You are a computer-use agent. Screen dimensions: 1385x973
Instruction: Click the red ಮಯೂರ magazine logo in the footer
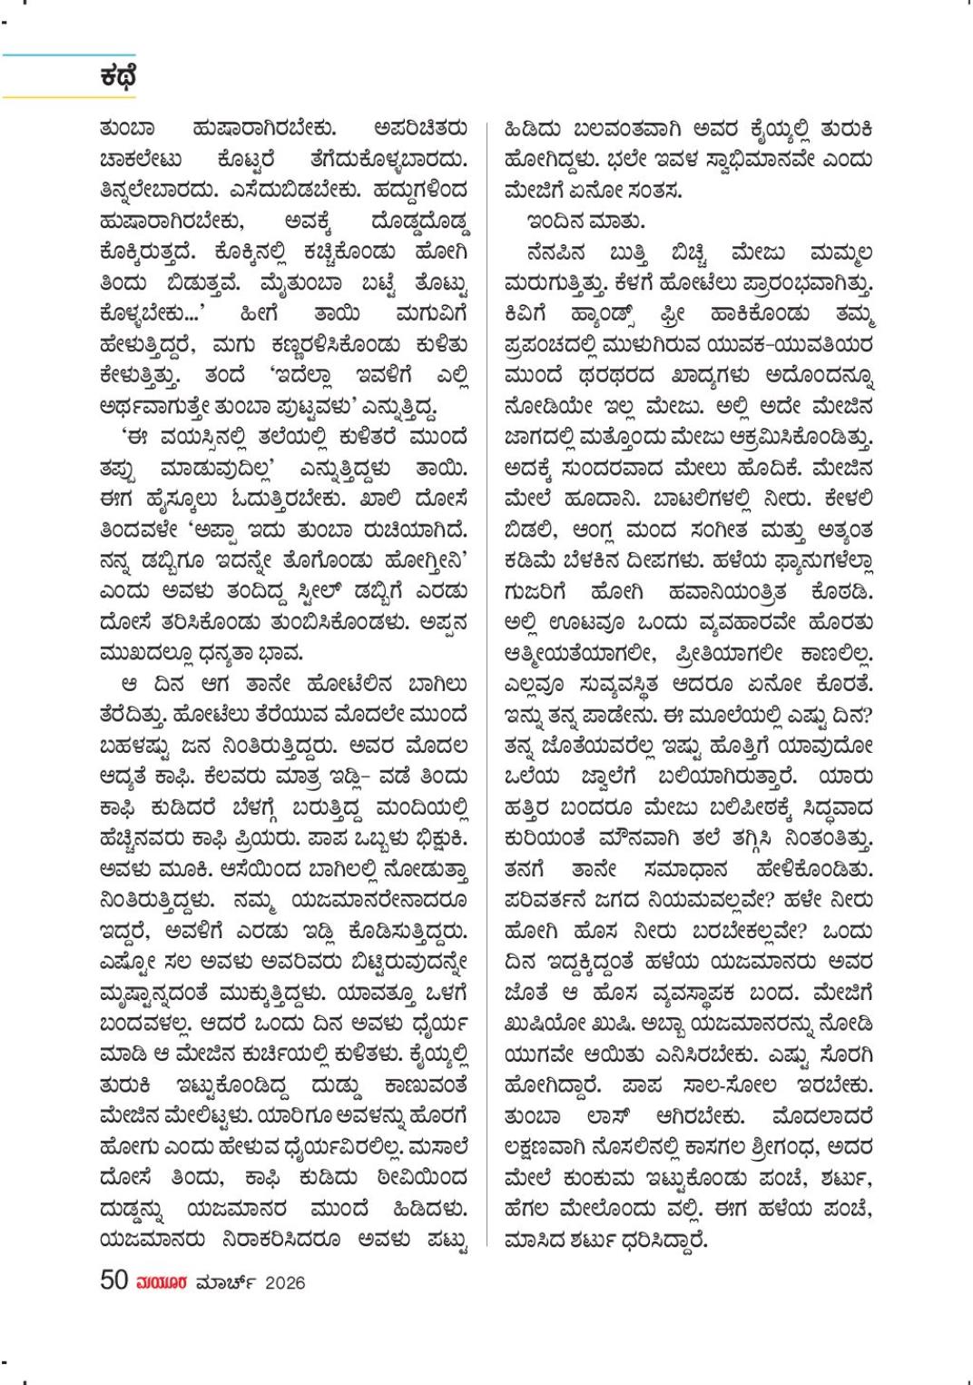click(162, 1282)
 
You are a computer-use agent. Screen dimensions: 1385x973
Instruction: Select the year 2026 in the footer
click(285, 1282)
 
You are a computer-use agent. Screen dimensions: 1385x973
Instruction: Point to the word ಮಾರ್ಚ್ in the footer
click(226, 1282)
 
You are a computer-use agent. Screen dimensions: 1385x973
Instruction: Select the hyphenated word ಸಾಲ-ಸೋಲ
click(729, 1085)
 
